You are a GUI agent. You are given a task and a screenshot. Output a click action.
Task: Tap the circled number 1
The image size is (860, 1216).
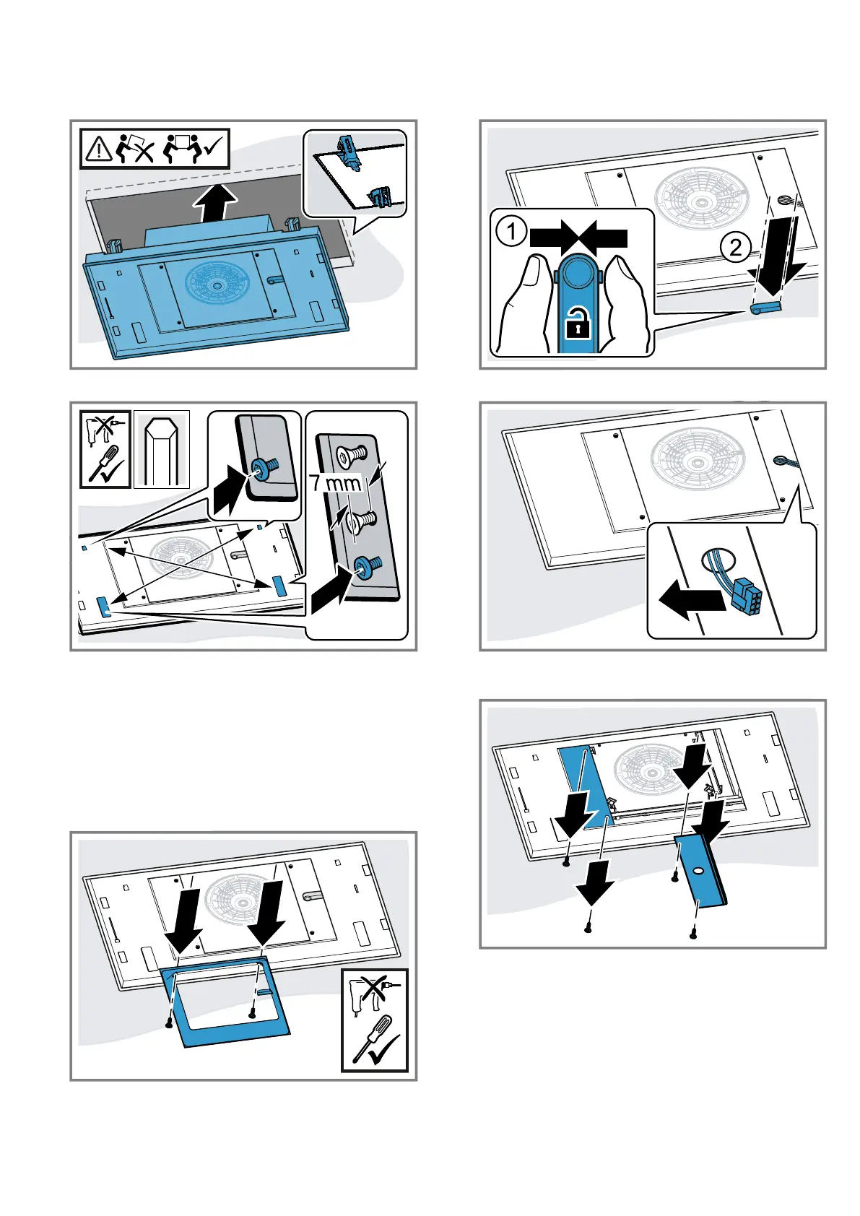tap(511, 232)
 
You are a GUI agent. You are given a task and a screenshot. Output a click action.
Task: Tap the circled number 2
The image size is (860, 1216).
tap(735, 248)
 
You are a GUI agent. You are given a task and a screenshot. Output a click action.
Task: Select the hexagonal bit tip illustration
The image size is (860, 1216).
tap(162, 448)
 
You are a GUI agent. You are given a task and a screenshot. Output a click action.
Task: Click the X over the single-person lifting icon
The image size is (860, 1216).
tap(145, 152)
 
